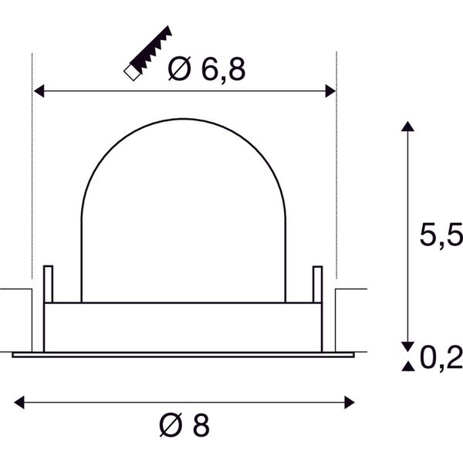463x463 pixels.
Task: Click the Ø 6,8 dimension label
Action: [206, 69]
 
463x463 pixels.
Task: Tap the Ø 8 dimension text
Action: [184, 425]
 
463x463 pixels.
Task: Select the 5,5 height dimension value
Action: [441, 235]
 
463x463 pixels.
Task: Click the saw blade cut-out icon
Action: [147, 53]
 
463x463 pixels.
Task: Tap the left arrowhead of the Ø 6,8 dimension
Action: [39, 91]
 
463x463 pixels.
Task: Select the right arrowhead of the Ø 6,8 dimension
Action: [330, 91]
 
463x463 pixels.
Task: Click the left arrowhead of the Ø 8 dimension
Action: [19, 403]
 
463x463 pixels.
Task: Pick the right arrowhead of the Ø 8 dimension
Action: [350, 403]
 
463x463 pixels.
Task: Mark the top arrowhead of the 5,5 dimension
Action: [407, 126]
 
